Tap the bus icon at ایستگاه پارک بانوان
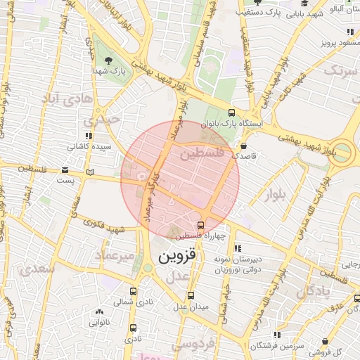(x=232, y=112)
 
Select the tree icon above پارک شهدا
(x=108, y=58)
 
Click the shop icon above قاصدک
(x=243, y=146)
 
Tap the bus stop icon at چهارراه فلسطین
(x=201, y=225)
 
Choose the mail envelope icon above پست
(x=65, y=169)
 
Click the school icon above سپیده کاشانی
(x=88, y=136)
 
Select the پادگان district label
(x=309, y=294)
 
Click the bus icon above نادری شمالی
(x=134, y=291)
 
